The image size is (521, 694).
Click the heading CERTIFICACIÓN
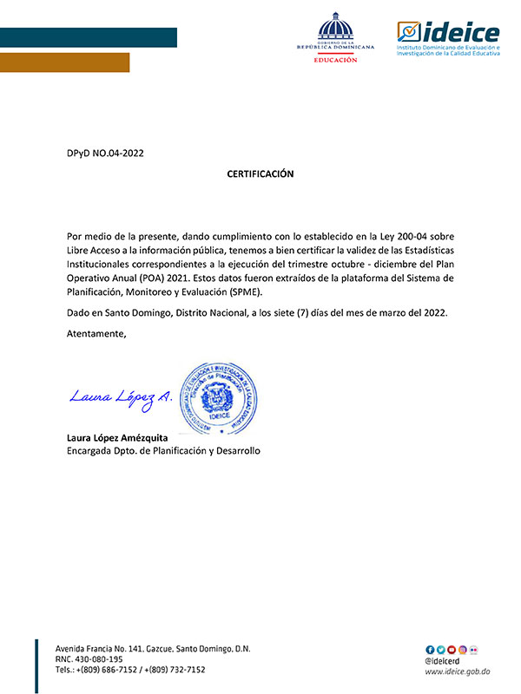pyautogui.click(x=260, y=174)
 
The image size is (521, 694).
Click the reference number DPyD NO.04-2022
pyautogui.click(x=105, y=154)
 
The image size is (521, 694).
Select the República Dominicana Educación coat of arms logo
pyautogui.click(x=335, y=39)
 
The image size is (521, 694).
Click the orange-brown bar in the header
pyautogui.click(x=65, y=62)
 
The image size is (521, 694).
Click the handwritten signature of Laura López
pyautogui.click(x=120, y=398)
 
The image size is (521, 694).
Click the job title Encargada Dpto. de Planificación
pyautogui.click(x=163, y=451)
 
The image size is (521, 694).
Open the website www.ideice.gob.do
pyautogui.click(x=458, y=671)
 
